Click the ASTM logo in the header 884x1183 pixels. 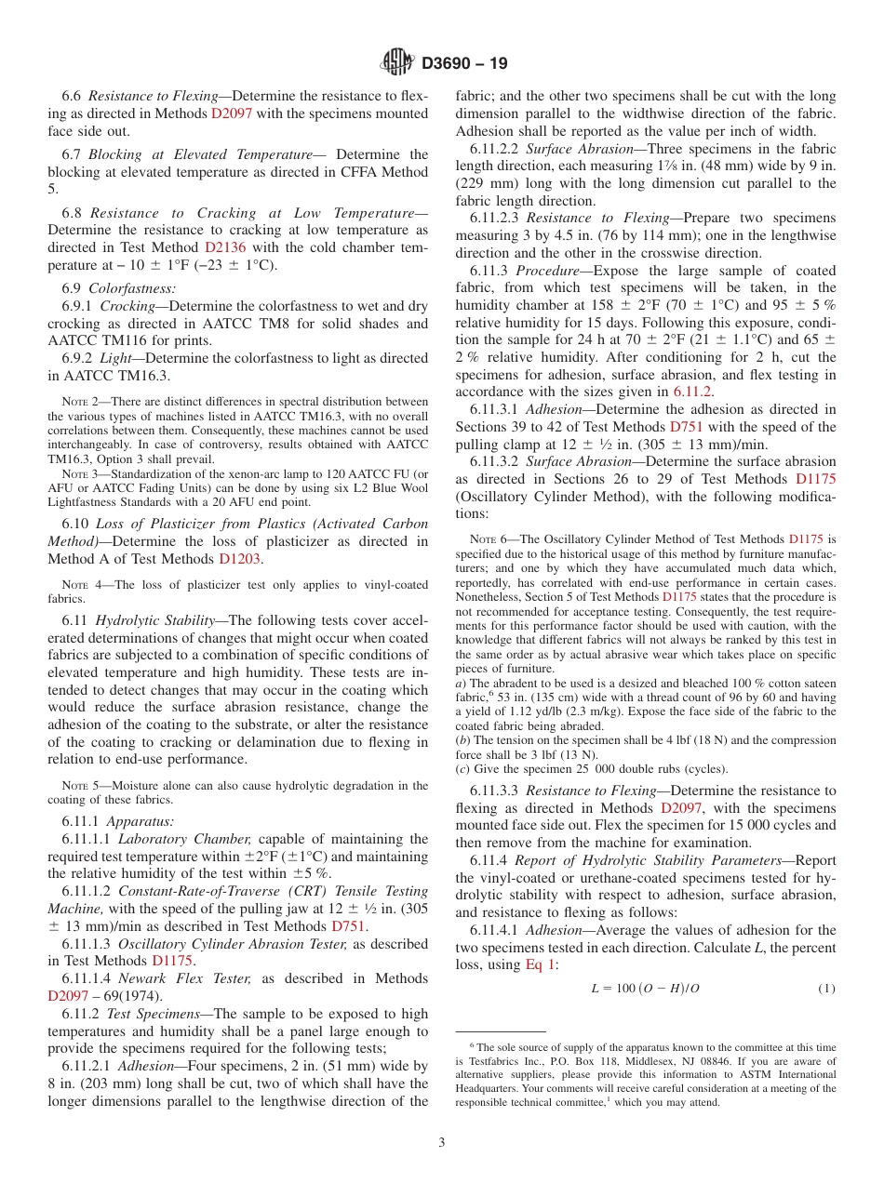(x=398, y=63)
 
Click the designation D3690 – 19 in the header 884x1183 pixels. (x=464, y=64)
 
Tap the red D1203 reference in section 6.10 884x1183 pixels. (x=239, y=559)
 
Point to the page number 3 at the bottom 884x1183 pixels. (x=442, y=1143)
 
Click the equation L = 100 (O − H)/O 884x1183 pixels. (x=645, y=988)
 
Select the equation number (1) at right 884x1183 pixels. (x=826, y=988)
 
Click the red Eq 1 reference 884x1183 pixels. (x=542, y=964)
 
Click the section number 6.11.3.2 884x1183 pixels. (x=496, y=461)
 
